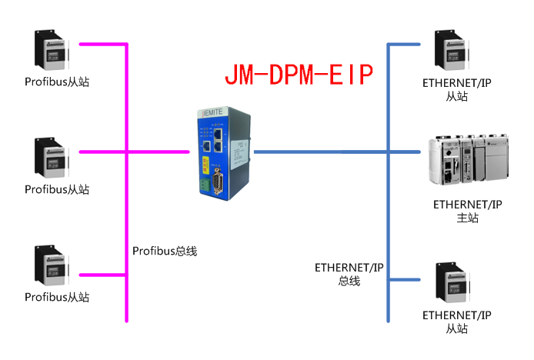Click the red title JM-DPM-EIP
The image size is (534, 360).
(299, 75)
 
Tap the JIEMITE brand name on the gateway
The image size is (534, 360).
(212, 114)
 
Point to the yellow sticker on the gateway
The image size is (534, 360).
(205, 164)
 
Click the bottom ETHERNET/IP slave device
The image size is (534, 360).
(452, 282)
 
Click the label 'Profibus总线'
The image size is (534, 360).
(165, 250)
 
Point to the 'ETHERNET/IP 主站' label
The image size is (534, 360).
(467, 212)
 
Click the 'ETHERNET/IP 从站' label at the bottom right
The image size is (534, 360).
(456, 322)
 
